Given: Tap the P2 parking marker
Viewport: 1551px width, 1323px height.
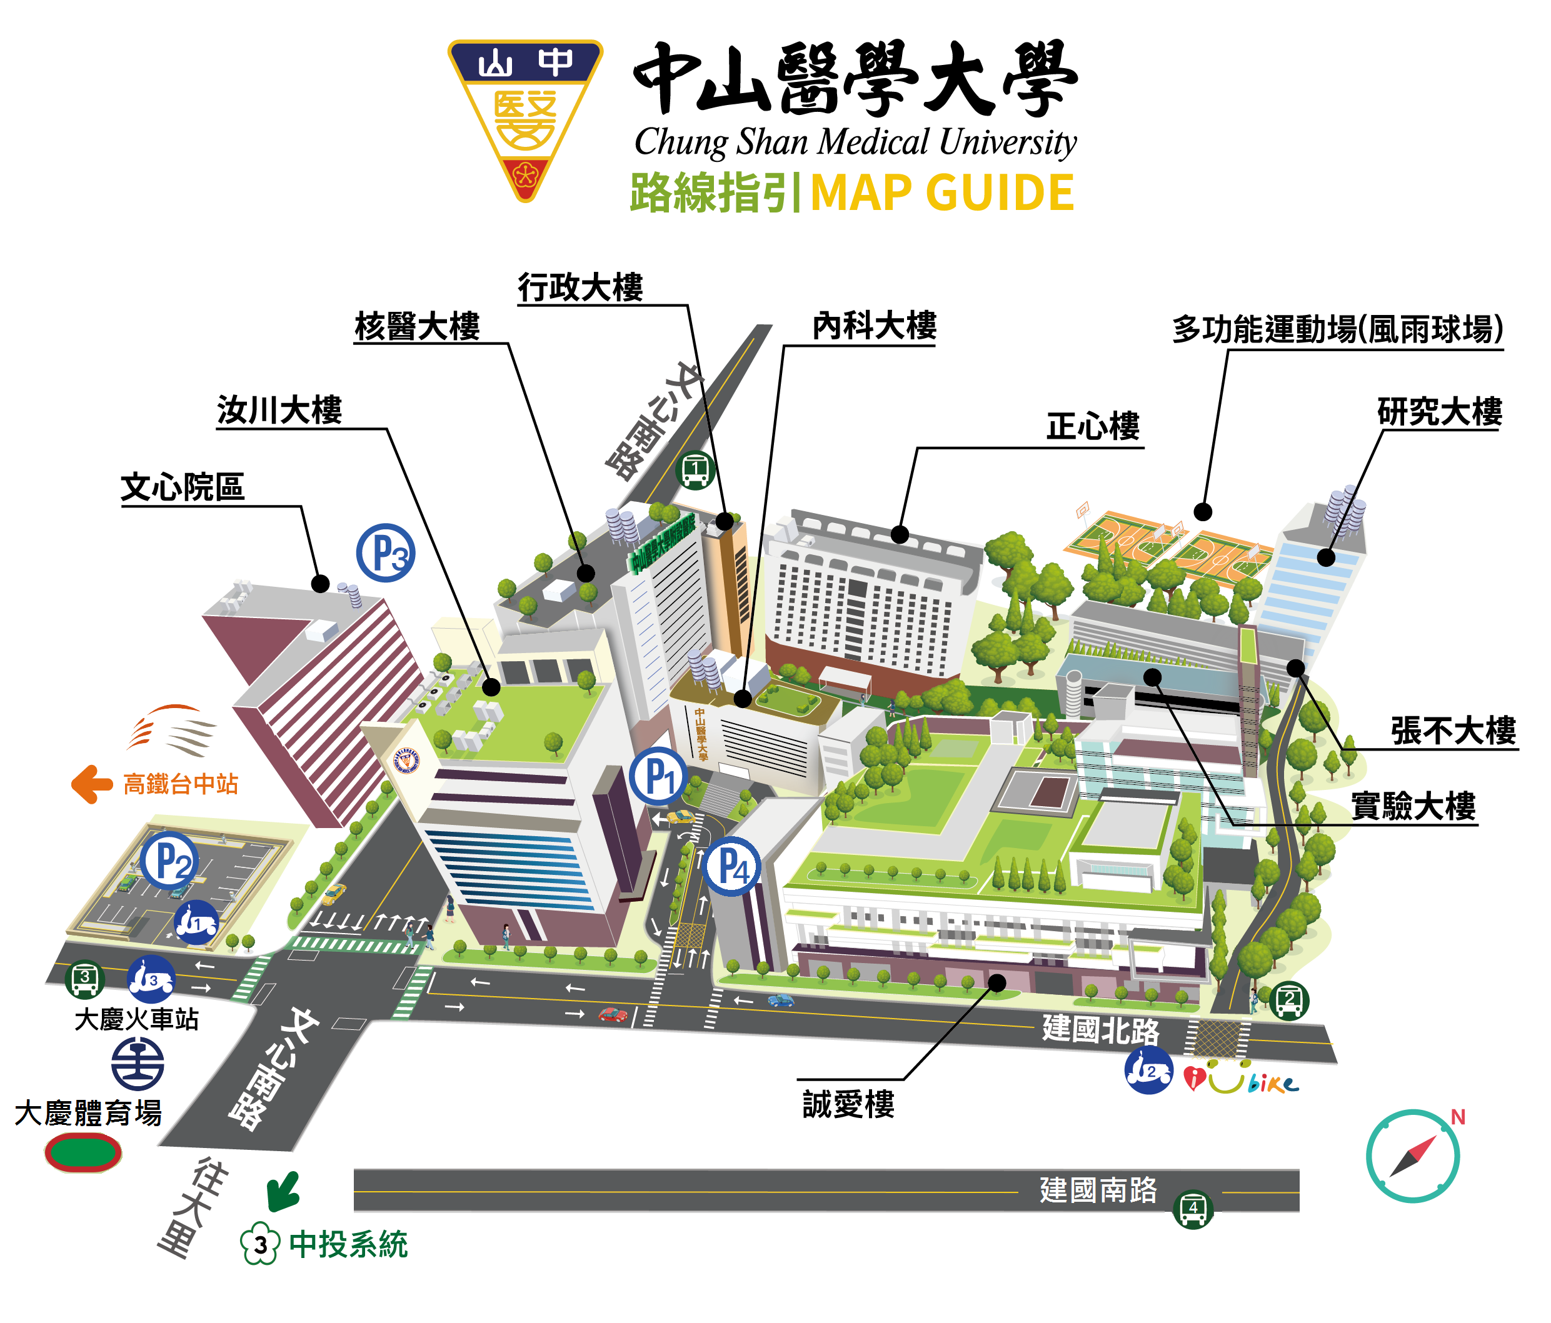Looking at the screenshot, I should (x=169, y=861).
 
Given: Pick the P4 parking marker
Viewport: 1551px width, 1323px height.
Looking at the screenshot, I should (x=732, y=867).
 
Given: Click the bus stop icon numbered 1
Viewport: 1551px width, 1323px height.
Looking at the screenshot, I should (x=695, y=470).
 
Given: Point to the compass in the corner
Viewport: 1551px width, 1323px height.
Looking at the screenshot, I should (x=1412, y=1156).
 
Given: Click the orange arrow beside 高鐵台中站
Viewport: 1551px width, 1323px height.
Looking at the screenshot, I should (x=91, y=784).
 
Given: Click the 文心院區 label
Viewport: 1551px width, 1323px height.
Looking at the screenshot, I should (x=183, y=487).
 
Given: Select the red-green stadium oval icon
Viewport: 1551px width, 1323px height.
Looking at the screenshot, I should (x=83, y=1152).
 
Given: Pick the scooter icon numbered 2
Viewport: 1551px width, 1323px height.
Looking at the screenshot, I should (x=1148, y=1071).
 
